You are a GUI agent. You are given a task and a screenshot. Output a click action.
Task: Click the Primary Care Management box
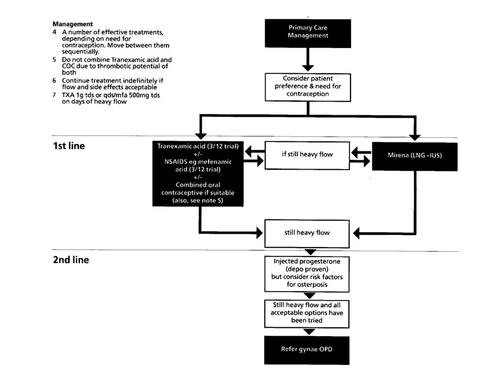tap(308, 34)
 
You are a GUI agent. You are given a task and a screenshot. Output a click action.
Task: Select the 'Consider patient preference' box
tap(308, 87)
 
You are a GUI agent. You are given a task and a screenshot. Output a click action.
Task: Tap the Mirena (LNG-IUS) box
tap(415, 157)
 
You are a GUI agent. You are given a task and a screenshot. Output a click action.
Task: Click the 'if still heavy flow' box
tap(307, 156)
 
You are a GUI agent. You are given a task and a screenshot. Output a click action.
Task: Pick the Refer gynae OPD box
tap(307, 350)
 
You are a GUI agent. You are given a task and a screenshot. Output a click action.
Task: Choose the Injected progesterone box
tap(307, 274)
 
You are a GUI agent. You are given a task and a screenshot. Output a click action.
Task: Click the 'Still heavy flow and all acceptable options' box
tap(307, 314)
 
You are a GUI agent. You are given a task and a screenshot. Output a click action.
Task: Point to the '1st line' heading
tap(69, 146)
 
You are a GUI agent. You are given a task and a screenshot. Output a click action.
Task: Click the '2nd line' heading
tap(71, 260)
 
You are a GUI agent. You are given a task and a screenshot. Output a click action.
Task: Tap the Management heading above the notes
tap(73, 24)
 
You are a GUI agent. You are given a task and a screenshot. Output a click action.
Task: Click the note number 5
tap(54, 60)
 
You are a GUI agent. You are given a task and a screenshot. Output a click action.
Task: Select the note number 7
tap(54, 95)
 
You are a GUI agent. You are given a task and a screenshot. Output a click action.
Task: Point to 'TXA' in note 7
tap(68, 95)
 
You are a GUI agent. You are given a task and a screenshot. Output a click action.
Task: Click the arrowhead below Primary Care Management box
tap(308, 68)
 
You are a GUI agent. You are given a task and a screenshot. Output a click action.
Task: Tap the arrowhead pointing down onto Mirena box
tap(415, 138)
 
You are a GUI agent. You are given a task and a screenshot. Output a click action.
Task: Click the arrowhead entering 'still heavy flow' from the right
tap(356, 233)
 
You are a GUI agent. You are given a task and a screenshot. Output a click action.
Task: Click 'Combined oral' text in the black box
tap(198, 185)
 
